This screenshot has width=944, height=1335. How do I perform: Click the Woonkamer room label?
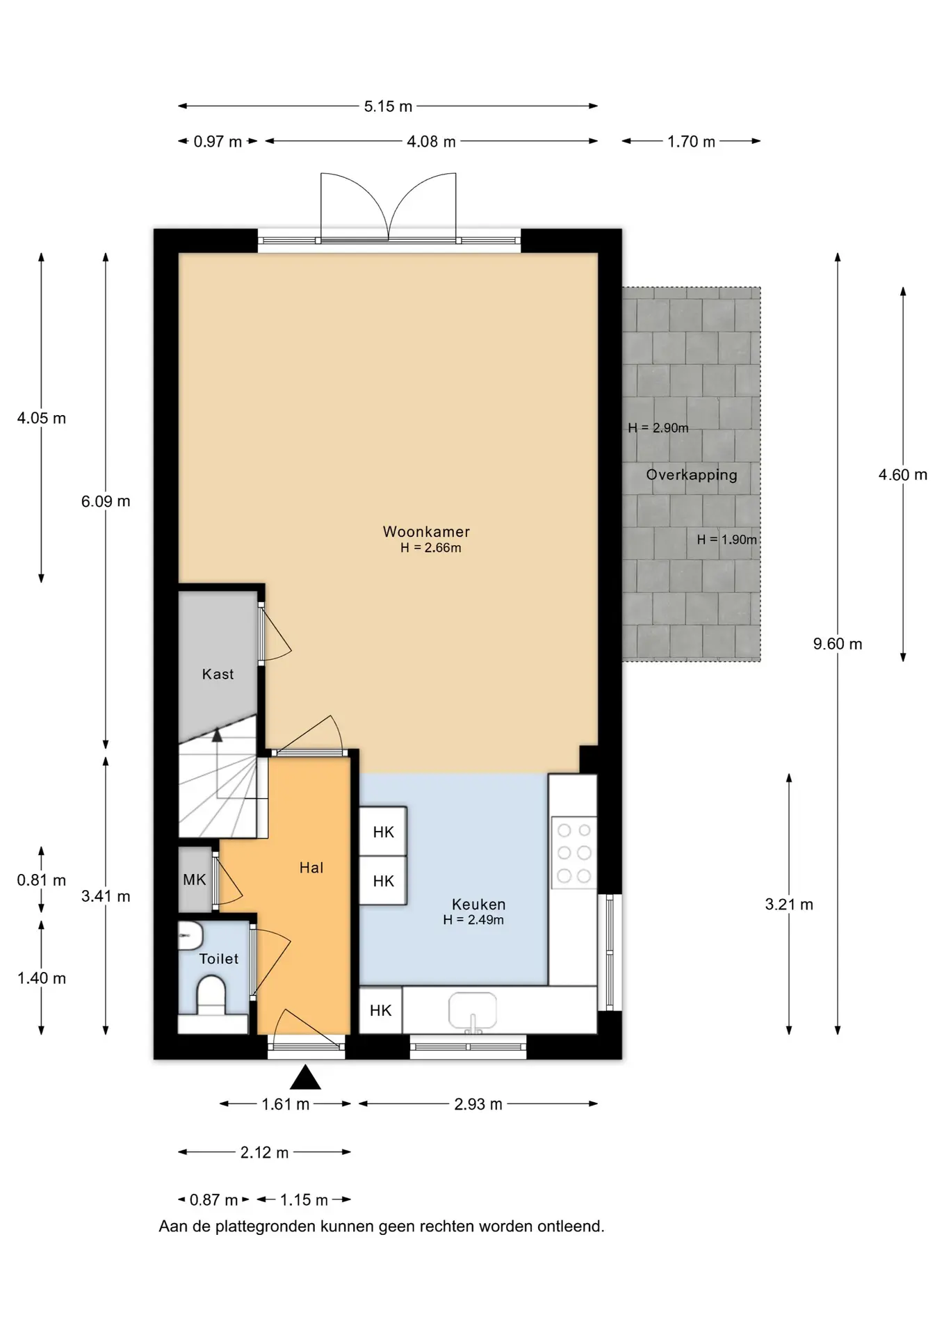click(x=426, y=532)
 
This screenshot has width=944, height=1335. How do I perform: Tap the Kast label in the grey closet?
click(x=218, y=674)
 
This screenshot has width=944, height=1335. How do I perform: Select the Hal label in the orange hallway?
click(x=311, y=867)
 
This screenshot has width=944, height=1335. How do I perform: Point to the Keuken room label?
click(x=478, y=904)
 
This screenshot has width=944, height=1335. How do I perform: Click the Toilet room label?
click(x=219, y=959)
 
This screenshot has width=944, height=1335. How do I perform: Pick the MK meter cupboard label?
click(x=195, y=880)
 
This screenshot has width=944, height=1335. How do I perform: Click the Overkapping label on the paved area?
click(x=692, y=475)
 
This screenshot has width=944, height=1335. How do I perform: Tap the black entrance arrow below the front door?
click(x=305, y=1078)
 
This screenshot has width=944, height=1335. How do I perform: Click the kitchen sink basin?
click(x=473, y=1010)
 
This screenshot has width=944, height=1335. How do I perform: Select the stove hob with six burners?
click(x=574, y=852)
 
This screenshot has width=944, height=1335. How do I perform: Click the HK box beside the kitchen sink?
click(x=380, y=1010)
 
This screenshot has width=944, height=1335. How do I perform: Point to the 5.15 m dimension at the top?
click(x=388, y=106)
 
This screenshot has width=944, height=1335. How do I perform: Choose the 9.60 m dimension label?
click(x=838, y=644)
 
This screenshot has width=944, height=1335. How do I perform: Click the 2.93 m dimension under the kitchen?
click(x=478, y=1104)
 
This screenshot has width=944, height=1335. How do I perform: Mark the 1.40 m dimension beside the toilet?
click(x=42, y=978)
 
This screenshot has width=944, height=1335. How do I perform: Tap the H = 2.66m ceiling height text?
click(x=431, y=548)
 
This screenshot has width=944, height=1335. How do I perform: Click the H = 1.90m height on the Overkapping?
click(x=727, y=540)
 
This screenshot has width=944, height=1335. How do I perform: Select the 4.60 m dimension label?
click(x=903, y=475)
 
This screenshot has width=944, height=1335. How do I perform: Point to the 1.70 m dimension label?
click(x=691, y=142)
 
